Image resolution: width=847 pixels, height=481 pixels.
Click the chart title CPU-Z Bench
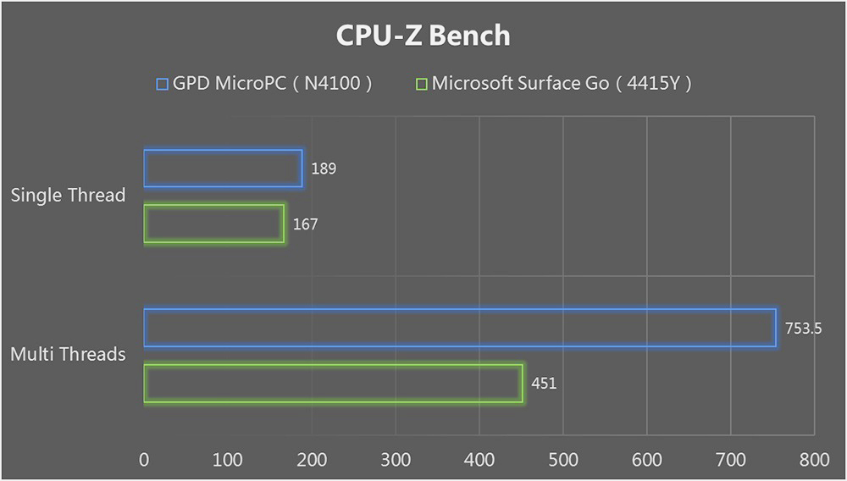pos(423,36)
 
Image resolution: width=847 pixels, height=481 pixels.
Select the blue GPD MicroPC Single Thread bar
pos(223,168)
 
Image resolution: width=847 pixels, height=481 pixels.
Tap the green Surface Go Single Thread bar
pos(213,224)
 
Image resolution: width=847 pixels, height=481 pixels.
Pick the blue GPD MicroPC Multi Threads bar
pos(459,328)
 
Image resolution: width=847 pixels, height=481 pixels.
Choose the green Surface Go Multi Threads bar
pos(333,383)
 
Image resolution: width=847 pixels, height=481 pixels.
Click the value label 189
pos(324,169)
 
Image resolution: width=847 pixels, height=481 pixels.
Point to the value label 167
pos(305,224)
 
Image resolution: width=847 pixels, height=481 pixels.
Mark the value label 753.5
pos(802,329)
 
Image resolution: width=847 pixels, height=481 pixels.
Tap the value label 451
pos(544,384)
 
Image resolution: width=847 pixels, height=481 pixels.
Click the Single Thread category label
pos(68,196)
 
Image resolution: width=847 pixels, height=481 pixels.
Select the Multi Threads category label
pos(68,354)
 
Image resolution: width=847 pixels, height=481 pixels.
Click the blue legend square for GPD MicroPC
pos(163,84)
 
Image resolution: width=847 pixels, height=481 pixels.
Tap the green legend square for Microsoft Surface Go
pos(421,84)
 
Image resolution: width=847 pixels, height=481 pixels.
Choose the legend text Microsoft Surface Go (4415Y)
pos(562,84)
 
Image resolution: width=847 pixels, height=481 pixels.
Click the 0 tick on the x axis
pos(144,460)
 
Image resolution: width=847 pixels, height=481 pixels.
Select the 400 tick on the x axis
pos(479,460)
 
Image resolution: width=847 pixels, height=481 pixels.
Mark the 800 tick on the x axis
pos(814,460)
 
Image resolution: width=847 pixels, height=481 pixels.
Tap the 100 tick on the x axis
pos(227,460)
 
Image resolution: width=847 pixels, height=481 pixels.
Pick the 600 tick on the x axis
pos(647,460)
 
